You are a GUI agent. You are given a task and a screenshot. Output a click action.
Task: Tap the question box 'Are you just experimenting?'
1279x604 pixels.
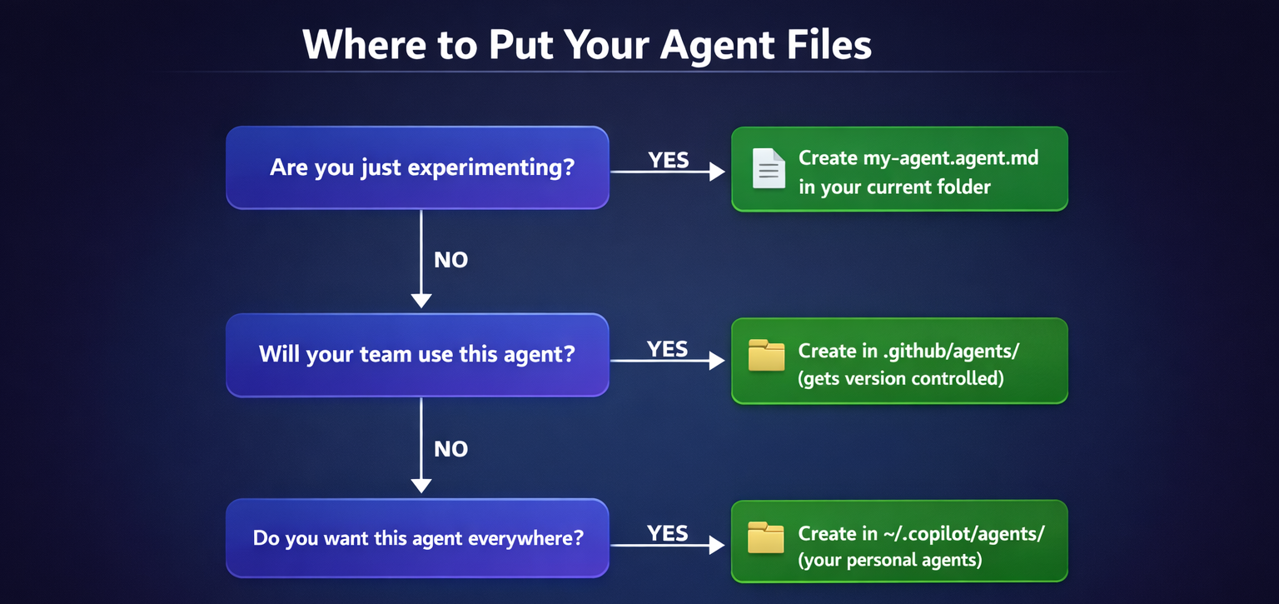click(417, 167)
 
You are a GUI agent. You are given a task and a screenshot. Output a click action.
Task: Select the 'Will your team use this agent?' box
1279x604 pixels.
click(417, 355)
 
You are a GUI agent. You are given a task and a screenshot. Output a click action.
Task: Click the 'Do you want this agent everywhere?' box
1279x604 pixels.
click(417, 538)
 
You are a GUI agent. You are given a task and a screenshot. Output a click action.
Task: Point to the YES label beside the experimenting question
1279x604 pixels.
click(669, 160)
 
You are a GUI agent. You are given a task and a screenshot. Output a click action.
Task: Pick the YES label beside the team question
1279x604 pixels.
click(668, 349)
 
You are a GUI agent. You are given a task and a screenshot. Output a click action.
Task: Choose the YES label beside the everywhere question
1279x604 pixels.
click(668, 533)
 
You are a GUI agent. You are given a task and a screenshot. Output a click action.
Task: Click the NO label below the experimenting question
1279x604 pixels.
click(451, 260)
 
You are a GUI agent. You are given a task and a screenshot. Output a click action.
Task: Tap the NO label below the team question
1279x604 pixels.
click(451, 449)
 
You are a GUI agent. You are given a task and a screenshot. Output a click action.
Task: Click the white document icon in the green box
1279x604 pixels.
click(768, 168)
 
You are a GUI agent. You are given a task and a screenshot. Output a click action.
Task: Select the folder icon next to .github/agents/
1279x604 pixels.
click(766, 356)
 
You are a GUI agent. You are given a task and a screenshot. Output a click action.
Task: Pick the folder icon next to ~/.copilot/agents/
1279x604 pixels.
click(766, 538)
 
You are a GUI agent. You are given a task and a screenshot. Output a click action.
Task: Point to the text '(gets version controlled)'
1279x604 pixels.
click(901, 378)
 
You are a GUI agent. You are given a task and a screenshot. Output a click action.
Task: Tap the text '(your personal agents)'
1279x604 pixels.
click(890, 560)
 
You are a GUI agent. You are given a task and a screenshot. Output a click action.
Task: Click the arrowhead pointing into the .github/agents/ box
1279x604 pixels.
click(717, 361)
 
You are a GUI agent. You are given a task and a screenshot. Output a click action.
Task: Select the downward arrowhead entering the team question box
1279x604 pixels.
click(421, 300)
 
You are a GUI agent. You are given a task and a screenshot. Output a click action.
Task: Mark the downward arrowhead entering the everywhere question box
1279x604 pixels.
click(421, 485)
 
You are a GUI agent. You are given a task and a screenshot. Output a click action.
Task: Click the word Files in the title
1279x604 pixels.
click(825, 44)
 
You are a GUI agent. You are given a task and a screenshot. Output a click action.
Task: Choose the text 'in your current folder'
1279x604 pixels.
click(894, 187)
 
